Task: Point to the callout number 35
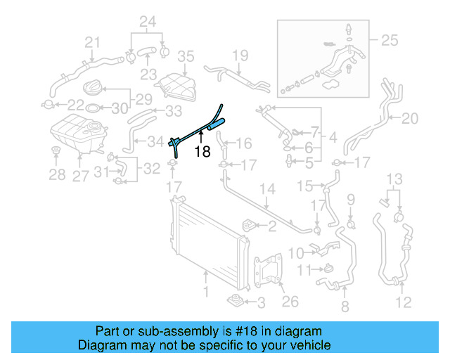pos(185,56)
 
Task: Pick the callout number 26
pos(290,302)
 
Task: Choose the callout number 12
pos(402,304)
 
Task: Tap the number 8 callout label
pos(345,307)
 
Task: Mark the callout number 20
pos(409,118)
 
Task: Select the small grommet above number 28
pos(56,153)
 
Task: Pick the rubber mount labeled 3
pos(235,302)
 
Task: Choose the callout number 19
pos(240,55)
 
